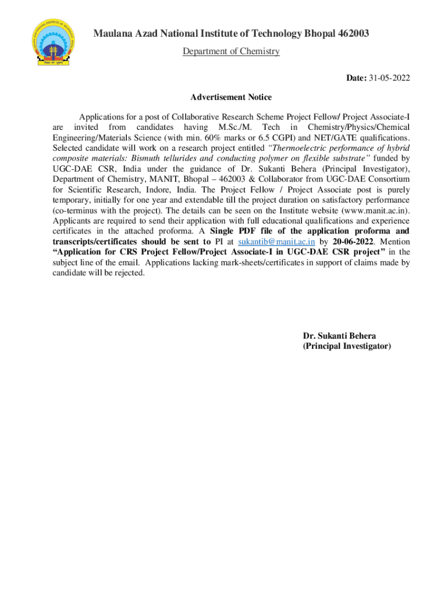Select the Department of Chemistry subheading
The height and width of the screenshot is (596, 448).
click(231, 52)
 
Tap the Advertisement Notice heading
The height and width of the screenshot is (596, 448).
click(231, 97)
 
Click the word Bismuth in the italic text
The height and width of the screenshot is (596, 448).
click(158, 158)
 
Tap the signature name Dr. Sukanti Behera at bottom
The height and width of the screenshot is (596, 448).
click(339, 336)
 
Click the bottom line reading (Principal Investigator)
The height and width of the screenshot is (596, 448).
click(347, 346)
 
